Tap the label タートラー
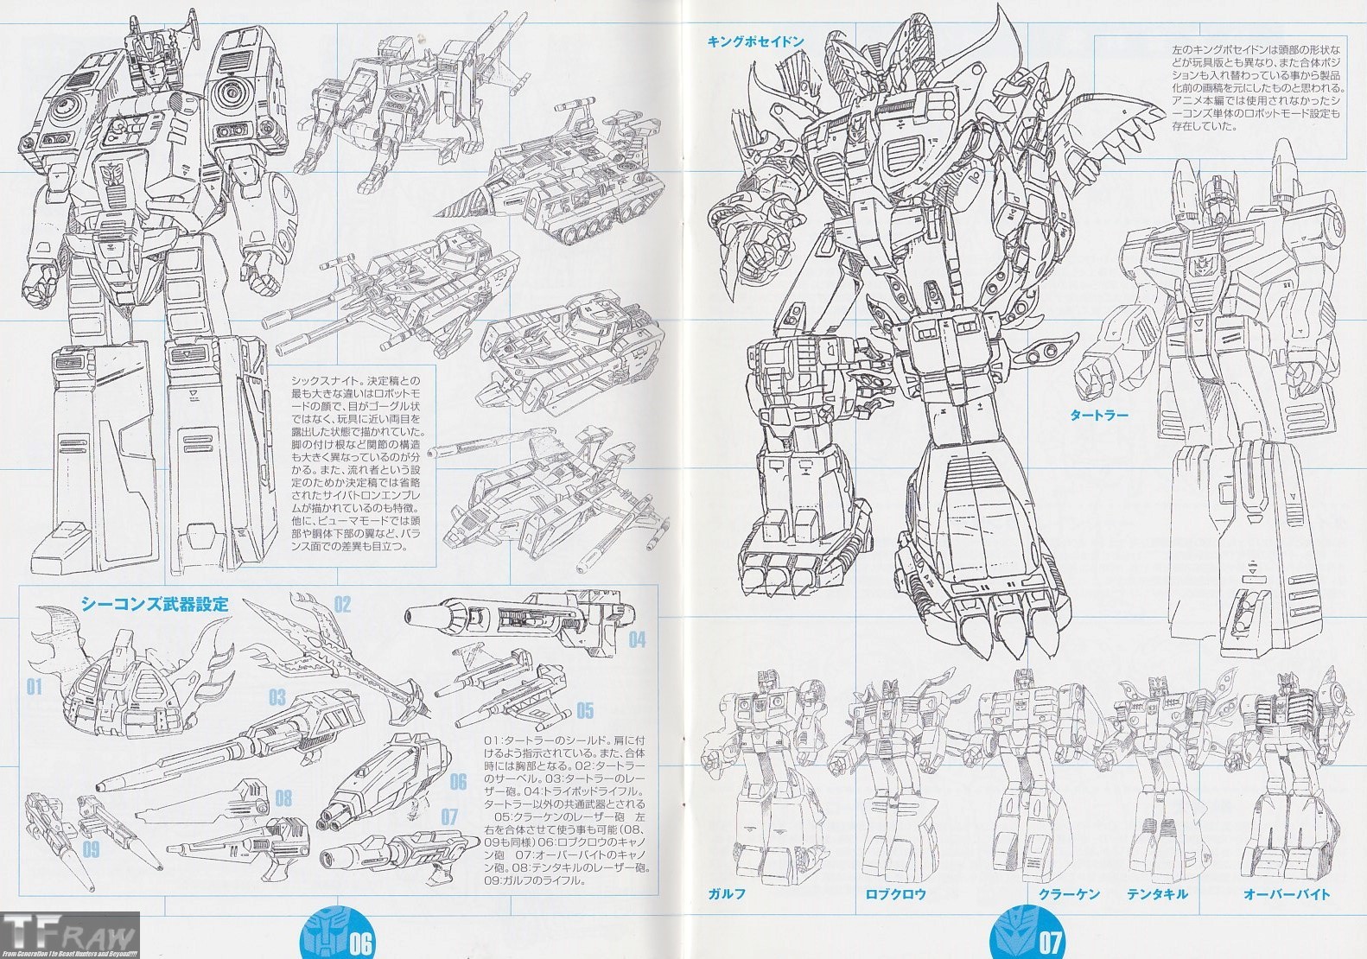tap(1098, 415)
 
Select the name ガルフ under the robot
tap(727, 894)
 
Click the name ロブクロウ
tap(895, 894)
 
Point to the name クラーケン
tap(1069, 894)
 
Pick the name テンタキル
tap(1157, 894)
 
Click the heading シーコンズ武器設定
tap(155, 604)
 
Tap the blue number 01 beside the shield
tap(34, 688)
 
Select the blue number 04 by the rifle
tap(637, 640)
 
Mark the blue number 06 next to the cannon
tap(458, 783)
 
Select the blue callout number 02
tap(342, 604)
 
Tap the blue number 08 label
tap(283, 797)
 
